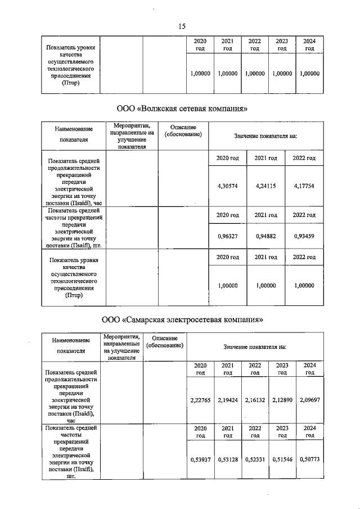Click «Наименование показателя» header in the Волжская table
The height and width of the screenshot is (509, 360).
73,135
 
